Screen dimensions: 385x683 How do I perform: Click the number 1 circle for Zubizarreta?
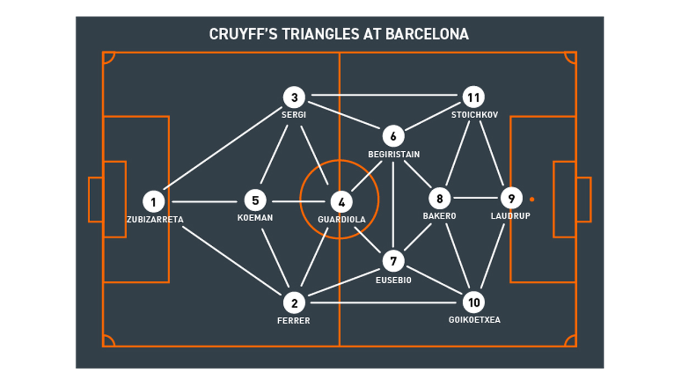[x=153, y=202]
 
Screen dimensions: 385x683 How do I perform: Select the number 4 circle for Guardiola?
[x=341, y=202]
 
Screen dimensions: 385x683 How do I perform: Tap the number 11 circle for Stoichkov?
[x=473, y=97]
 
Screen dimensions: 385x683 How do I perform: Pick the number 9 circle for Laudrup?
[x=511, y=198]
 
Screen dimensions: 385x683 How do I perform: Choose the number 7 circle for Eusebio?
[x=393, y=261]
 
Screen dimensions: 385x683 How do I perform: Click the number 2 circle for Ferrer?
[x=294, y=302]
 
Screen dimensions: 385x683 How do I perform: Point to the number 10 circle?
[x=474, y=302]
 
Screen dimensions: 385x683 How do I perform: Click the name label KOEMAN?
[x=255, y=218]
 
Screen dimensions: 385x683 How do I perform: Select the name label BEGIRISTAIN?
[x=394, y=155]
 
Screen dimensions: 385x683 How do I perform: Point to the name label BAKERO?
[x=439, y=216]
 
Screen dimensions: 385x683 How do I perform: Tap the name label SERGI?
[x=294, y=115]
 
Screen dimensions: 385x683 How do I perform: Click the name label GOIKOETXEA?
[x=475, y=320]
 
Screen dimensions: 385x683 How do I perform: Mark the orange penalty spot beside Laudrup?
[x=532, y=199]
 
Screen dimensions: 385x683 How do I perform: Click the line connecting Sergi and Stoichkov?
[x=385, y=95]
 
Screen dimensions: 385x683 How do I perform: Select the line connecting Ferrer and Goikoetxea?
[x=385, y=302]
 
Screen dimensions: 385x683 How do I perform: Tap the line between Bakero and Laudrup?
[x=475, y=197]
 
